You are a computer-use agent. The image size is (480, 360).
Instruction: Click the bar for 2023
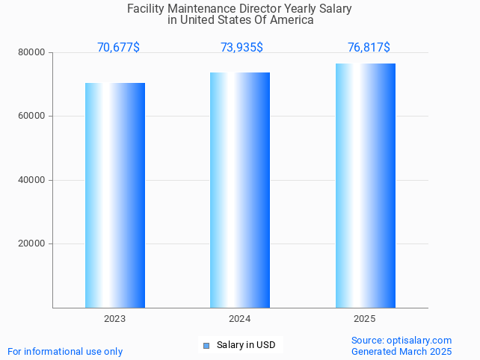coord(115,195)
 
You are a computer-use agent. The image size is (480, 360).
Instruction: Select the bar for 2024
coord(240,190)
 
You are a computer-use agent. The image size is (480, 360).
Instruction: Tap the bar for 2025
coord(365,185)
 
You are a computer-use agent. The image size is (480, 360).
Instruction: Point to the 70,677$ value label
coord(118,48)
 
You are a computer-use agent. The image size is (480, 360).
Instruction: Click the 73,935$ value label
coord(241,48)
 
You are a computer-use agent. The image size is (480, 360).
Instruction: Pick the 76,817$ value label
coord(369,48)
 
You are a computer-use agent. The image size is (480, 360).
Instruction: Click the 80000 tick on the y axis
coord(33,53)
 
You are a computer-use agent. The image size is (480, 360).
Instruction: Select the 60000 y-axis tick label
coord(33,117)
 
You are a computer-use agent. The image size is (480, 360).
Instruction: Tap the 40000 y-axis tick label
coord(33,180)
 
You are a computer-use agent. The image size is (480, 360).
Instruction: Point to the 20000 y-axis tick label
coord(33,243)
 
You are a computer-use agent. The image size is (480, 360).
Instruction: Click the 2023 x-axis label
coord(115,319)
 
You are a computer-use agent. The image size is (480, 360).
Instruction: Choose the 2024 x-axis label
coord(240,319)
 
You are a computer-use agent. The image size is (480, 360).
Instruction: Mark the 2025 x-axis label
coord(365,319)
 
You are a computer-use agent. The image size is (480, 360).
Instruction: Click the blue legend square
coord(206,345)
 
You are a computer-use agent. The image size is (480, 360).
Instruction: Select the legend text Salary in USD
coord(246,345)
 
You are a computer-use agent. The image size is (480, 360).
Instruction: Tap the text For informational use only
coord(65,351)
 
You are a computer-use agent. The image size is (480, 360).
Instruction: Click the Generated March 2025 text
coord(401,351)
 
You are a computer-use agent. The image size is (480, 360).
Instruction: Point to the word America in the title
coord(291,20)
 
